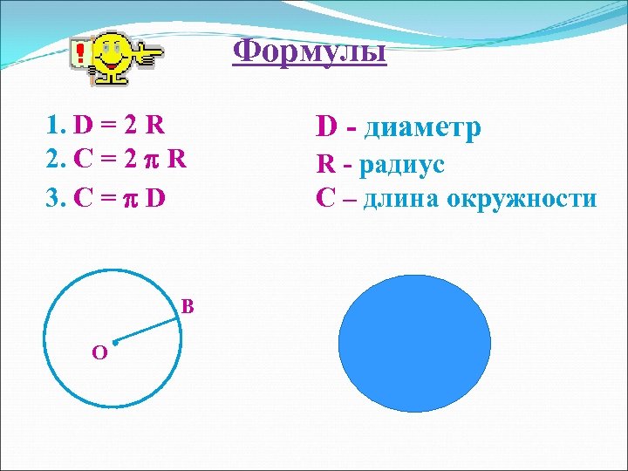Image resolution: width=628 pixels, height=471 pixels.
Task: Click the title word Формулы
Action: (310, 52)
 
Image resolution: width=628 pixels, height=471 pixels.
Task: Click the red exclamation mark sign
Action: (81, 53)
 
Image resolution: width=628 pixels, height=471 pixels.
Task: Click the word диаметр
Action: (422, 128)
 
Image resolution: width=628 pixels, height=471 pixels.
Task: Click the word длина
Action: (401, 199)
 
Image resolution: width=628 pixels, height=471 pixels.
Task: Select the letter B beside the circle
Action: (188, 307)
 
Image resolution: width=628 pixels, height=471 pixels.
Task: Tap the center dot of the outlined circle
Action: (114, 341)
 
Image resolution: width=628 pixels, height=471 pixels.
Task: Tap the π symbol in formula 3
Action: (130, 199)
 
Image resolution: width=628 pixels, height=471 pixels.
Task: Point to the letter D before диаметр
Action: (327, 128)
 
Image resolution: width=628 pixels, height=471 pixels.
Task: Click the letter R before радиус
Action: (325, 164)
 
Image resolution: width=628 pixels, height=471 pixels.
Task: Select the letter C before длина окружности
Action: (325, 199)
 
